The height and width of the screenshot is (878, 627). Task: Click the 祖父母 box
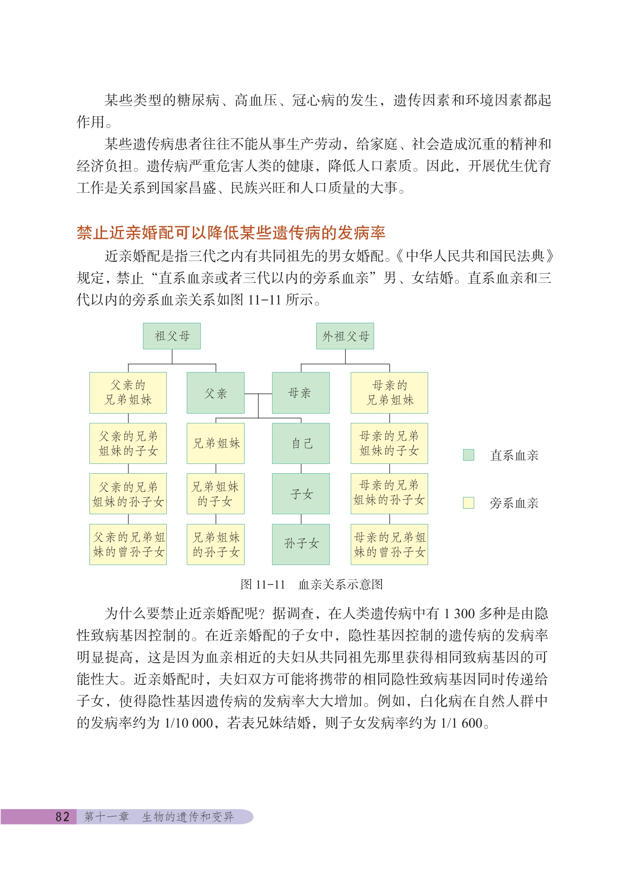point(171,336)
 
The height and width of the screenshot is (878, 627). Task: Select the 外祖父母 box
point(345,336)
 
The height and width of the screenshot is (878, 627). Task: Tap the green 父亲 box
point(215,393)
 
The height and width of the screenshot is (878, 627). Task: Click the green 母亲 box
point(300,393)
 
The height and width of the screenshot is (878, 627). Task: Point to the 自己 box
point(300,443)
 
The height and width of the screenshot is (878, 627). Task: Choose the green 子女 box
point(300,494)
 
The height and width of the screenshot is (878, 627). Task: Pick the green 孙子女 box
point(300,544)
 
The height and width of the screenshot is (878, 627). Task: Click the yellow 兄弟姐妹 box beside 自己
point(215,443)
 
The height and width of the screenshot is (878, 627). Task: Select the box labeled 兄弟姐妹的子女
point(215,494)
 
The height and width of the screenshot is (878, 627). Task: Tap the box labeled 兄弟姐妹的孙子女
point(215,544)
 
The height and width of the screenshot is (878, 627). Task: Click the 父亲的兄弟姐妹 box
point(128,393)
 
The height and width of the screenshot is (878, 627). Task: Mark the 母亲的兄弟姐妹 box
point(389,393)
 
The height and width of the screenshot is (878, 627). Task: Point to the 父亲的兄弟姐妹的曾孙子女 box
point(128,544)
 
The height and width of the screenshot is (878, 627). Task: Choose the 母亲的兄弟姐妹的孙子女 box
point(389,494)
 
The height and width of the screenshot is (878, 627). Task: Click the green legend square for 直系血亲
point(468,455)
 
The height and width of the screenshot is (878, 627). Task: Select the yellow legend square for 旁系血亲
point(468,503)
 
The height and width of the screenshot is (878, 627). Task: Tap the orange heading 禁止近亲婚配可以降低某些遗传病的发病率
point(231,232)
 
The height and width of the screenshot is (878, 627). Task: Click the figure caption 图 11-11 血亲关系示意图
point(311,584)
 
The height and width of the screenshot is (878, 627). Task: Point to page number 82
point(62,817)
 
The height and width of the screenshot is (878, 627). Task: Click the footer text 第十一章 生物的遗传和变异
point(158,817)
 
